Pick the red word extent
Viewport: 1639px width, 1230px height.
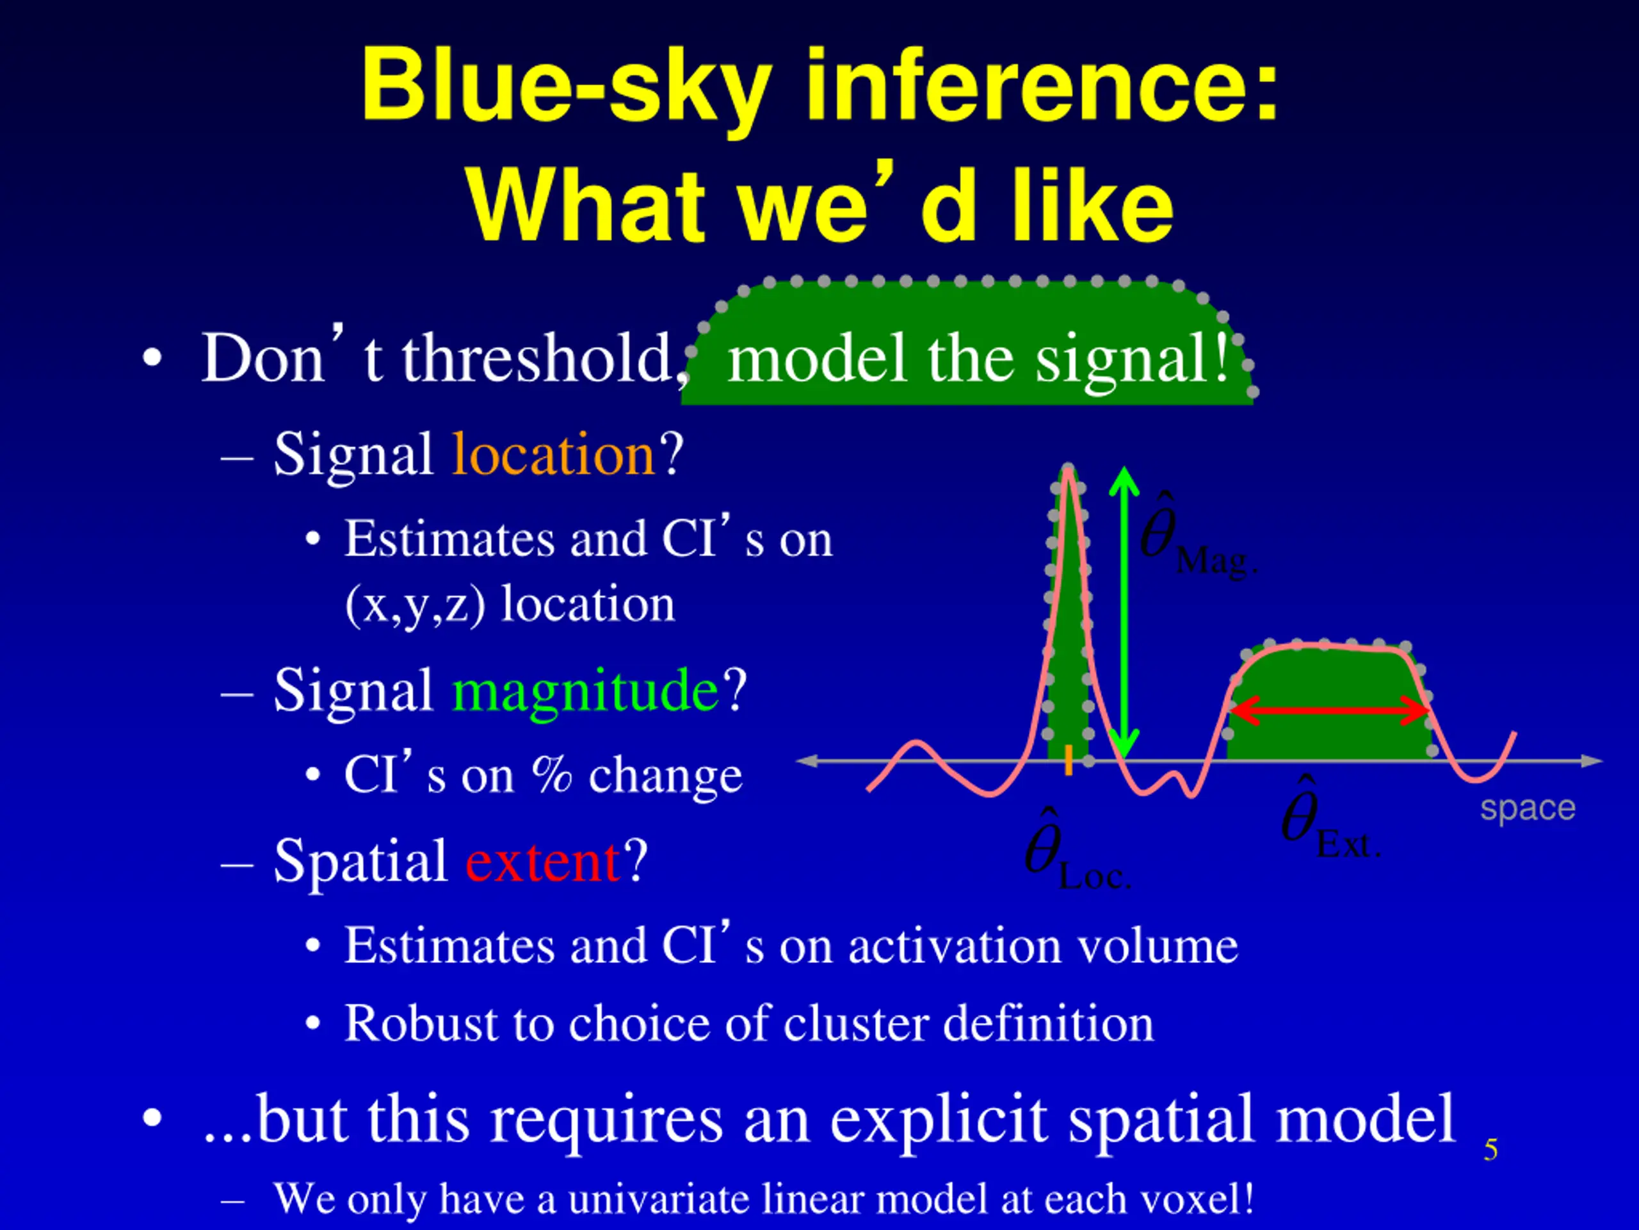click(x=543, y=862)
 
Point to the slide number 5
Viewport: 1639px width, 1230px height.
click(x=1492, y=1150)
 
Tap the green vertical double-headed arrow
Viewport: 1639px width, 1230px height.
click(x=1124, y=613)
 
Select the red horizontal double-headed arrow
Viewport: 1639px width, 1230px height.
click(x=1329, y=710)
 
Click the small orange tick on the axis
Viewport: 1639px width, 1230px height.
click(x=1069, y=760)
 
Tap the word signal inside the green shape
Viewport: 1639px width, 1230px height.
click(x=1131, y=360)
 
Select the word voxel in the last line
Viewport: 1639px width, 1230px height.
click(x=1191, y=1198)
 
